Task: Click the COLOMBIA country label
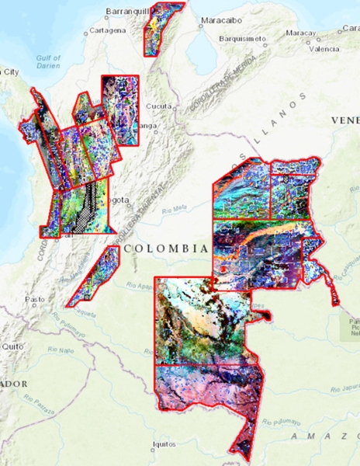(166, 249)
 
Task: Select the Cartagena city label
(106, 30)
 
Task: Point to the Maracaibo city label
(220, 19)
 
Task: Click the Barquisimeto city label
(243, 37)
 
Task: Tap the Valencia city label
(324, 48)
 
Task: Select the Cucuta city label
(158, 106)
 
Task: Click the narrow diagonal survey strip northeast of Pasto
(92, 278)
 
